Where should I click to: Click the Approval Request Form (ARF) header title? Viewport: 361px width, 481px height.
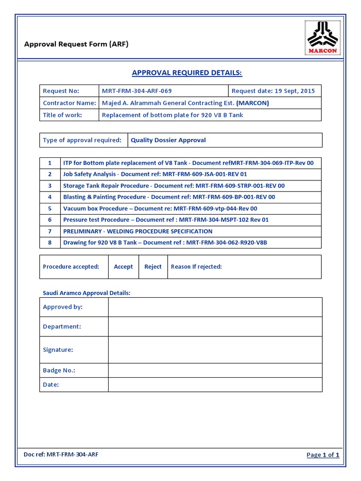tap(76, 45)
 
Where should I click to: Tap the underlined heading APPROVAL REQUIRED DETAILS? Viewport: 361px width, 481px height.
tap(187, 73)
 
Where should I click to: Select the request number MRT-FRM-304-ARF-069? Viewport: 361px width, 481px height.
tap(133, 91)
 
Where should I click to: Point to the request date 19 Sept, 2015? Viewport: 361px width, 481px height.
tap(273, 91)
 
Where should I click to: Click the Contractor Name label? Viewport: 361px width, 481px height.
tap(69, 103)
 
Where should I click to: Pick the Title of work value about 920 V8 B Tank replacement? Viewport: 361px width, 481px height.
tap(173, 115)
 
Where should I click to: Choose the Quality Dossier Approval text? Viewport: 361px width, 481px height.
tap(168, 140)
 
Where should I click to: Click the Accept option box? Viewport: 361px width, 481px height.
tap(123, 267)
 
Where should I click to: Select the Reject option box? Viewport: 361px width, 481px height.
tap(153, 267)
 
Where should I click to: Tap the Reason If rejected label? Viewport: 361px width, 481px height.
tap(196, 267)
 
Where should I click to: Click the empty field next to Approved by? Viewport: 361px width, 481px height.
tap(215, 307)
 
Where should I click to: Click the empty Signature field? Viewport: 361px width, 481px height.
tap(215, 350)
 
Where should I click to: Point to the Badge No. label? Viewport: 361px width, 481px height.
tap(59, 371)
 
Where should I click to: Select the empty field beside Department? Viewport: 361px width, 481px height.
tap(215, 326)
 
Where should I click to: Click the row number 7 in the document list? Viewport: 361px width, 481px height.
tap(49, 231)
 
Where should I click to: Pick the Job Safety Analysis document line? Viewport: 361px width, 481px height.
tap(155, 174)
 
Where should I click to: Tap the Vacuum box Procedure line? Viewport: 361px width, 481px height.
tap(160, 209)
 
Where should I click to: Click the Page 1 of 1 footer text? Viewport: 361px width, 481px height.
tap(322, 455)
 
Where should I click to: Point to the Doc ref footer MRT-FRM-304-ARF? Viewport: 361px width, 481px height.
tap(61, 454)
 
